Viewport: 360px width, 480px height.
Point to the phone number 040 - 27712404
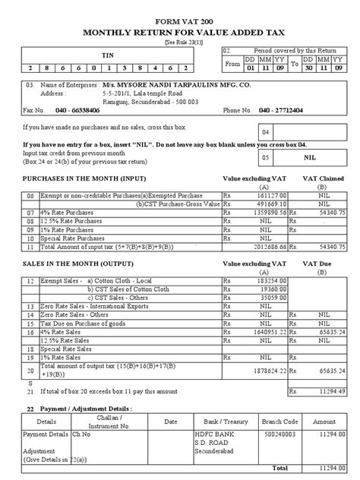[283, 110]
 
